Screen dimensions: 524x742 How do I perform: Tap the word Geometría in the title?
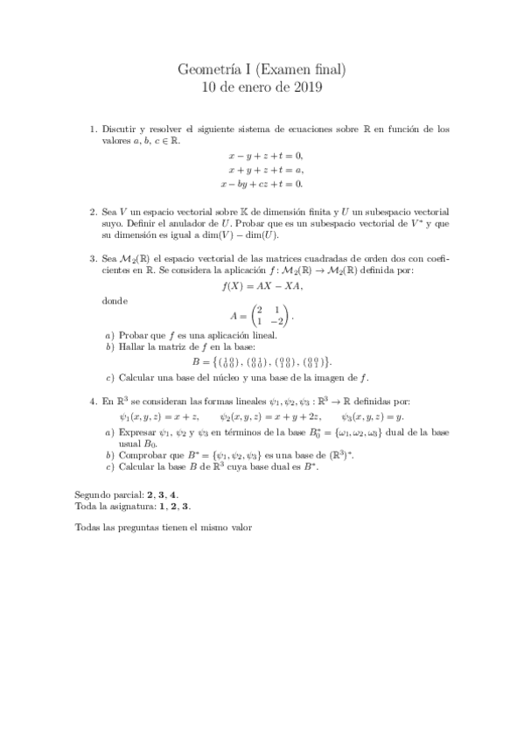[208, 68]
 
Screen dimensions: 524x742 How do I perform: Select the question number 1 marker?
[94, 129]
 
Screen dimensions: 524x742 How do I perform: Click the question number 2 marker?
[94, 213]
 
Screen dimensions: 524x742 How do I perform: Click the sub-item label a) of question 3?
[108, 335]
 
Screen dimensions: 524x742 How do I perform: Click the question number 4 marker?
[94, 402]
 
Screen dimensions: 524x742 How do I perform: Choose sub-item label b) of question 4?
[108, 456]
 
